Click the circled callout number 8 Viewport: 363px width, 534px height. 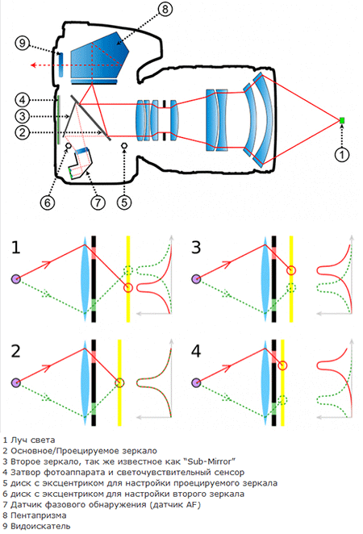click(x=165, y=9)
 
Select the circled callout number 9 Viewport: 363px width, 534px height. click(x=22, y=44)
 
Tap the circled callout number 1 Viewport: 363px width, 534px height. click(x=342, y=155)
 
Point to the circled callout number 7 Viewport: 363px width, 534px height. click(x=98, y=202)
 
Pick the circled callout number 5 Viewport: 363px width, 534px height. click(x=124, y=202)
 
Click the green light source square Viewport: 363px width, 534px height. click(x=342, y=120)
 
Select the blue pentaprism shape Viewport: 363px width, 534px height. click(x=98, y=56)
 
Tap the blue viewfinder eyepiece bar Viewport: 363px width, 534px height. click(x=61, y=65)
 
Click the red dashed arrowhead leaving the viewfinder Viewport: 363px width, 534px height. click(x=33, y=65)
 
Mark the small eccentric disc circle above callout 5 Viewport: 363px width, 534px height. click(x=124, y=146)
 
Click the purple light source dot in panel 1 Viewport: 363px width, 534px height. click(x=16, y=279)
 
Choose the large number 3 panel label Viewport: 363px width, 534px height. click(x=196, y=248)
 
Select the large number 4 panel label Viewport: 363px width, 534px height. click(x=196, y=351)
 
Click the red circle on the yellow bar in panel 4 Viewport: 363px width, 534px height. click(x=282, y=365)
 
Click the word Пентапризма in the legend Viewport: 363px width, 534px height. click(x=38, y=515)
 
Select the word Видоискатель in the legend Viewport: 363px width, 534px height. click(x=40, y=526)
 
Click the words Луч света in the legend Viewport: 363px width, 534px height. click(x=33, y=440)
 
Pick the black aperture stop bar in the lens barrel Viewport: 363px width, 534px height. click(x=164, y=120)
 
